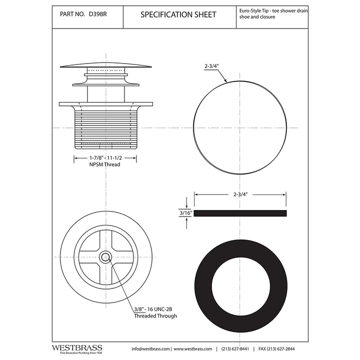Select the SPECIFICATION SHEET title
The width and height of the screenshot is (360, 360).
coord(178,15)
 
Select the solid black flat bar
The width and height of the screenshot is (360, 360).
coord(240,213)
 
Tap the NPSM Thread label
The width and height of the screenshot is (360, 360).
coord(105,164)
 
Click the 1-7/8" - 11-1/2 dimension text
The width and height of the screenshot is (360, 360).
coord(105,157)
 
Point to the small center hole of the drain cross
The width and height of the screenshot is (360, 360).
coord(105,257)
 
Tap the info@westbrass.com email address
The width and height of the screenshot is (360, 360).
coord(150,348)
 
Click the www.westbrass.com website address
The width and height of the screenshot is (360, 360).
coord(194,348)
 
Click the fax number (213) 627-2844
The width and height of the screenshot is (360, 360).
coord(284,348)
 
